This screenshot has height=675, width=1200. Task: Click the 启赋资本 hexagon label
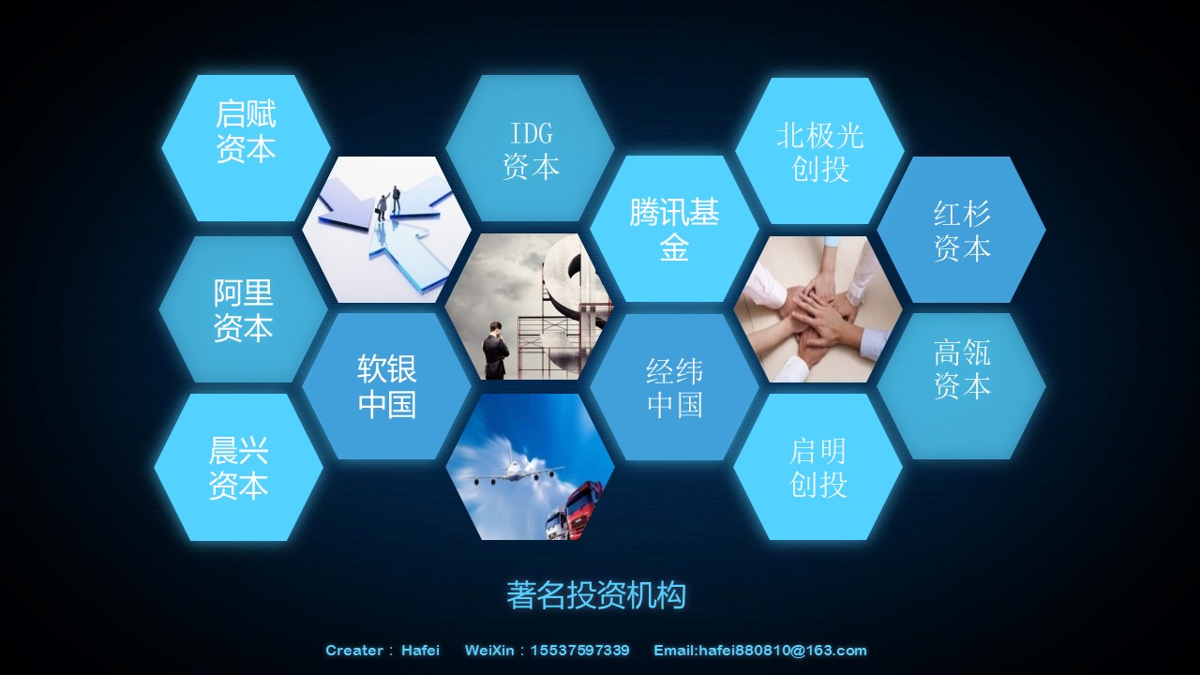246,131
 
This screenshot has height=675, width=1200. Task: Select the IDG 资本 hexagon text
531,150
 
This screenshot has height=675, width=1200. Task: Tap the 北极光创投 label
819,152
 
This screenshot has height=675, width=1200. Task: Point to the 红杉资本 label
962,232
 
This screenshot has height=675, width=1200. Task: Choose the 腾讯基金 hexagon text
674,229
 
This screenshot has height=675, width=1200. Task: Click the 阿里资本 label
243,310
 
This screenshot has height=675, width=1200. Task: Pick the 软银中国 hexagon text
387,385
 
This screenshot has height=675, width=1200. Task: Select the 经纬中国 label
674,388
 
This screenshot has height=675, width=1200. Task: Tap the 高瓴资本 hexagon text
962,368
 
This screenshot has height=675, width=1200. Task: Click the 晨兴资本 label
238,468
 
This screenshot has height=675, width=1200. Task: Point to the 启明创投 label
817,468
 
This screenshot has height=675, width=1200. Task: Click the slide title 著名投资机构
596,594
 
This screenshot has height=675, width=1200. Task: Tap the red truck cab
585,509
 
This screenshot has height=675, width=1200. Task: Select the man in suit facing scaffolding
495,351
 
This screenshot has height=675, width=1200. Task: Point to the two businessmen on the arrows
389,202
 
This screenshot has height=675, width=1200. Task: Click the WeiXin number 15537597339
579,651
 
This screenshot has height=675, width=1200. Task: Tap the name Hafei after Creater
421,651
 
